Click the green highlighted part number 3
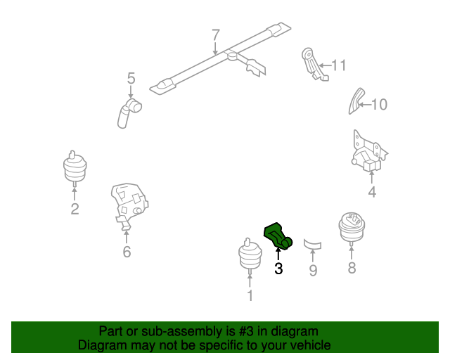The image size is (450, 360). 277,236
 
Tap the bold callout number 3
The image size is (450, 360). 278,269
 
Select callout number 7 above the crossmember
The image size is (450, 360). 216,35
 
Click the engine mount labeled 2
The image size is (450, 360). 75,168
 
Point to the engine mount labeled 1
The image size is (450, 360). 250,256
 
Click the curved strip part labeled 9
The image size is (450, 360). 312,244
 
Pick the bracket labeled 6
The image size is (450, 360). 129,205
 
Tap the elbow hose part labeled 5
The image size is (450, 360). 129,113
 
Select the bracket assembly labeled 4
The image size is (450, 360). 369,152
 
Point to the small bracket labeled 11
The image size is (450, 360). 314,65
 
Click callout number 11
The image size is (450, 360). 339,65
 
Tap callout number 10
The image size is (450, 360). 380,105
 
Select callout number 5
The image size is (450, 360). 131,78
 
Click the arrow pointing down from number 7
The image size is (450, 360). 216,48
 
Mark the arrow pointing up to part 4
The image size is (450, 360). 372,177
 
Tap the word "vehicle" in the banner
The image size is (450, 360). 314,345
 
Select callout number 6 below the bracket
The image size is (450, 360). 127,252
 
